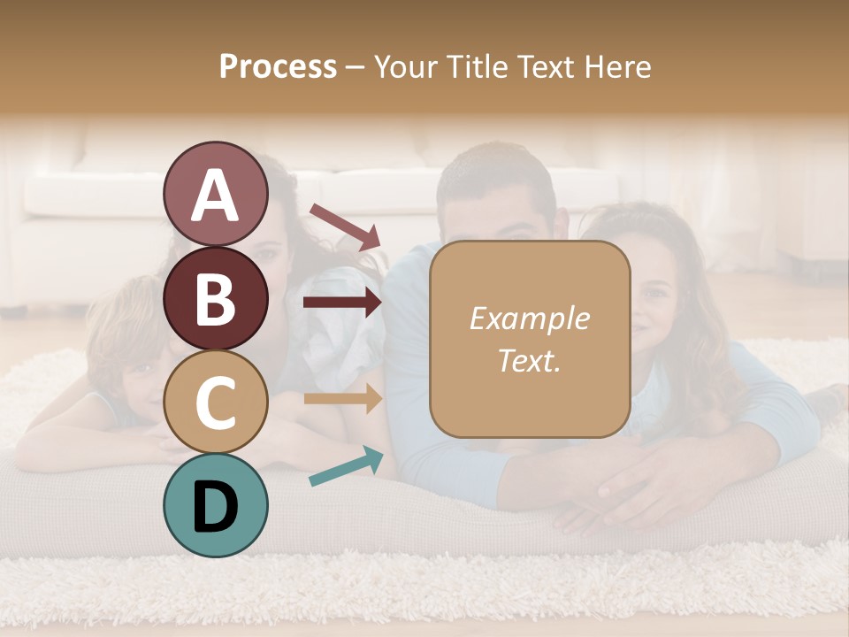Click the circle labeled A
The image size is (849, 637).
(215, 195)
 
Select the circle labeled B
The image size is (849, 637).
(215, 298)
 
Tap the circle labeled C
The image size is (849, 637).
(215, 402)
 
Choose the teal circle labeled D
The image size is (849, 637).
(215, 505)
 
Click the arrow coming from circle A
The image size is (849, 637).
(345, 226)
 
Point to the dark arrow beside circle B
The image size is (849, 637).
(342, 303)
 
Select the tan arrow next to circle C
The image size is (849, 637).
(342, 398)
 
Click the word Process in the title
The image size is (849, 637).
(278, 67)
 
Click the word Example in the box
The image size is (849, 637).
(529, 318)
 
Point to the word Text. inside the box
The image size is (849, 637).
(529, 360)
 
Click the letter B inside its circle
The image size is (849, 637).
(215, 299)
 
